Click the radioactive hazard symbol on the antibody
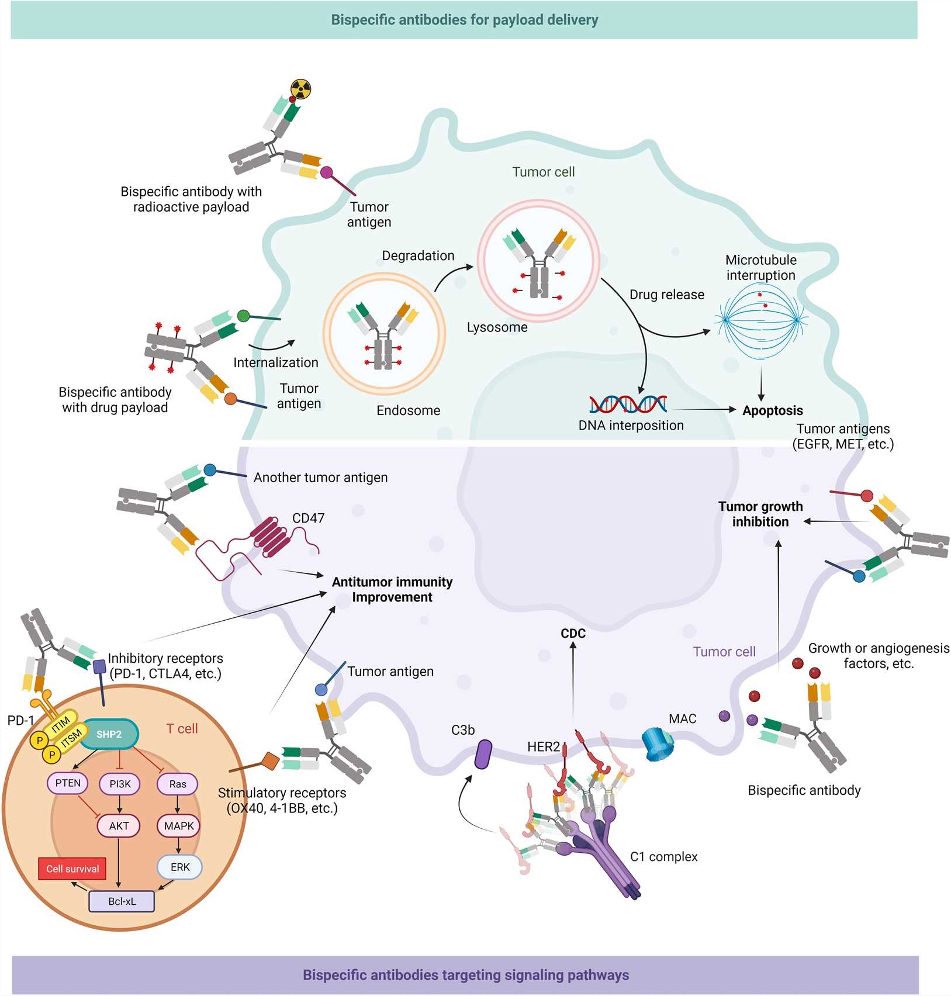click(x=300, y=89)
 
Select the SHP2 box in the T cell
click(x=109, y=734)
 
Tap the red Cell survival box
click(x=72, y=869)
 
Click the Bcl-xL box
click(x=122, y=901)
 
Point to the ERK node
click(x=179, y=867)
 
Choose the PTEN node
click(x=68, y=783)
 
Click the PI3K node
click(x=120, y=784)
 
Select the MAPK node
click(x=179, y=826)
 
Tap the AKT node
click(x=119, y=826)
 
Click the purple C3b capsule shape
click(x=483, y=754)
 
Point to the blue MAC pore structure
click(x=657, y=743)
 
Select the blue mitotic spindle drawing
click(x=761, y=320)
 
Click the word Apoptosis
click(x=772, y=410)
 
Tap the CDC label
click(x=573, y=634)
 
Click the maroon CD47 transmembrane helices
click(x=270, y=536)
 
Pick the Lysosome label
click(x=497, y=327)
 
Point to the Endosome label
click(x=408, y=410)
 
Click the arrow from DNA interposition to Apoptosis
click(x=704, y=410)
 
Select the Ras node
click(x=177, y=784)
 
